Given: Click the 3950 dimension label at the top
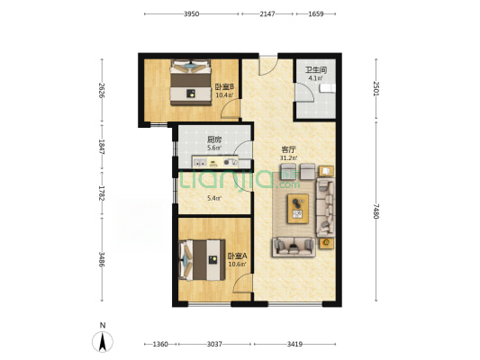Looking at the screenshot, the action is tap(191, 13).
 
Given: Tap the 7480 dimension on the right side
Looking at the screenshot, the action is tap(376, 211).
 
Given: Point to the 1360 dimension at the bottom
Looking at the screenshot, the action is tap(160, 344).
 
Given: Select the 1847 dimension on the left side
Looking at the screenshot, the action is tap(102, 147).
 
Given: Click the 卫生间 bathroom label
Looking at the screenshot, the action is tap(316, 70).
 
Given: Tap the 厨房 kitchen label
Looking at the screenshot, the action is tap(214, 140).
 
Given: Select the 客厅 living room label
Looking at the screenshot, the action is tap(288, 150).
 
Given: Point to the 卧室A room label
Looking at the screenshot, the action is tap(237, 256).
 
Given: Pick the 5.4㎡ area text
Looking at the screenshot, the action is tap(214, 198).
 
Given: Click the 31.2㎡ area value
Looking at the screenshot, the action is tap(288, 158).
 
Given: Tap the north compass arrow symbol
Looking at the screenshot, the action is tap(103, 341).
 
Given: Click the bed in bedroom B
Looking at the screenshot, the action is tap(191, 83).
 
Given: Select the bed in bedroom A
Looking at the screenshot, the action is tap(202, 260).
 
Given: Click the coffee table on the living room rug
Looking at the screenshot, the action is tap(298, 208).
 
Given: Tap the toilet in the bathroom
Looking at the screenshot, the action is tap(328, 88).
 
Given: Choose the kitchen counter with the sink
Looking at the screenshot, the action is tap(215, 162).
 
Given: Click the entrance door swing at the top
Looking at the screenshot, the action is tap(268, 65).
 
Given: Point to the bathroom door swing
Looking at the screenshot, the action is tap(304, 93).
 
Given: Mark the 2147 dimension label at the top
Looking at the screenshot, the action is tap(267, 13).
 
